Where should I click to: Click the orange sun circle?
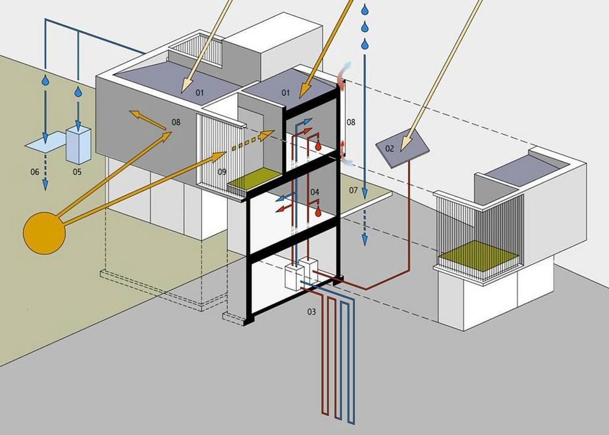pos(43,233)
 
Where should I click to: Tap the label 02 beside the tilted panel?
pos(390,148)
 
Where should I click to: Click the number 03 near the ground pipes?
pos(312,312)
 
